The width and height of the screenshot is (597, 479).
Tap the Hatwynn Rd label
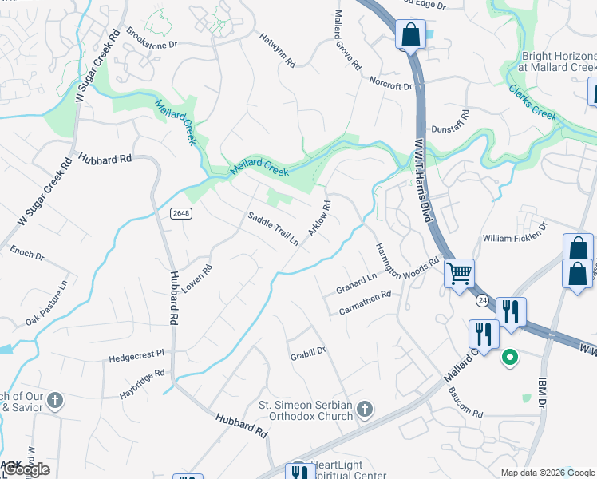(278, 49)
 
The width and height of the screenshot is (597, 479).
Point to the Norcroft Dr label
(390, 82)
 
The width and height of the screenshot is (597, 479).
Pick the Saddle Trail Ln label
(273, 228)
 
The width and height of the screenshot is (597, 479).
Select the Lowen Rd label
(196, 280)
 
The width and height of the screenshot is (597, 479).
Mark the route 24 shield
(482, 300)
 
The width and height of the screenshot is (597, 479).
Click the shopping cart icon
(459, 274)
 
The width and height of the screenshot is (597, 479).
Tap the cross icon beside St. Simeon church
(364, 410)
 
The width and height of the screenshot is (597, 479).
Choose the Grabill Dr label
(308, 350)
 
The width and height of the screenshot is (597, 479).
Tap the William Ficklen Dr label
(516, 238)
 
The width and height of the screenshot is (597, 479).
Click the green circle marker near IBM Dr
(508, 358)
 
